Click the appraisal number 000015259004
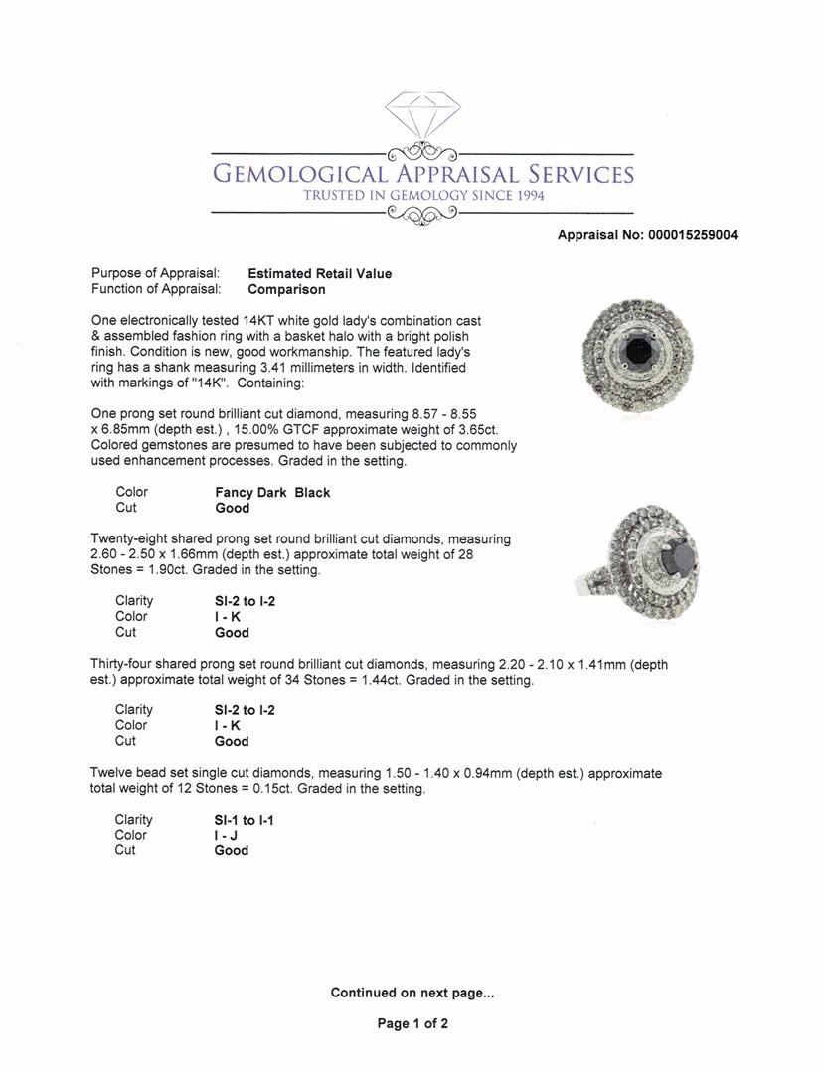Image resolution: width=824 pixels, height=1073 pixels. pyautogui.click(x=693, y=235)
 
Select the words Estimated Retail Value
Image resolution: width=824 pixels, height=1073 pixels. pyautogui.click(x=319, y=274)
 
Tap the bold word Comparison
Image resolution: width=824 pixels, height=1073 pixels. pyautogui.click(x=286, y=290)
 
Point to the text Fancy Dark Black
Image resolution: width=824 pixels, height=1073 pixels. pyautogui.click(x=272, y=492)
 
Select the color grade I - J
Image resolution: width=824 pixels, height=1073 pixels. pyautogui.click(x=226, y=836)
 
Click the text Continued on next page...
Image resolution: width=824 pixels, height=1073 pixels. pyautogui.click(x=412, y=993)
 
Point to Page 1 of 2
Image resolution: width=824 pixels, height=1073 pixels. pyautogui.click(x=412, y=1024)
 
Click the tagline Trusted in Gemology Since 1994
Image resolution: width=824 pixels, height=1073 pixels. pyautogui.click(x=423, y=196)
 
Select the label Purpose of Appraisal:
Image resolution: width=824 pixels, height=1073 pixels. pyautogui.click(x=155, y=274)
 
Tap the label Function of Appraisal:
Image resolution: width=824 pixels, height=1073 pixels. pyautogui.click(x=156, y=290)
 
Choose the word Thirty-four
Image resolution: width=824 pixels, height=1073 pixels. pyautogui.click(x=125, y=664)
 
